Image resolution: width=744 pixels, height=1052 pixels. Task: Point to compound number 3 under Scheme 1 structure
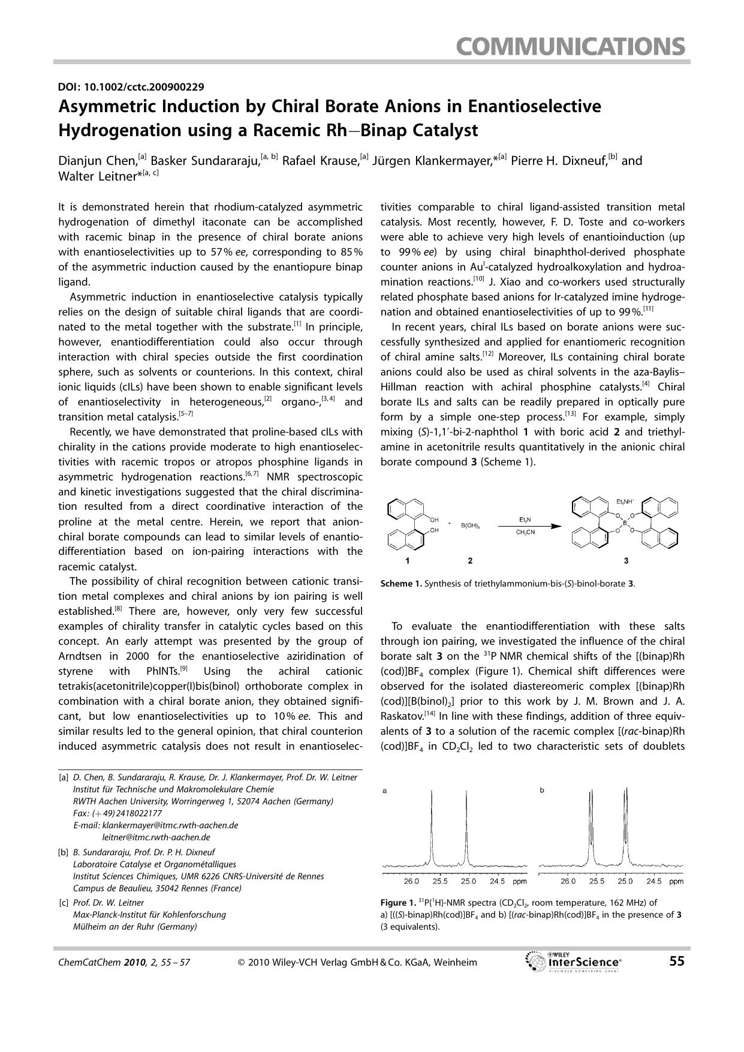626,561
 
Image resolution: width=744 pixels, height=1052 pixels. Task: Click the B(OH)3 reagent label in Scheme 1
471,526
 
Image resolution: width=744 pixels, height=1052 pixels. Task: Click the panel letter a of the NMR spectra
384,790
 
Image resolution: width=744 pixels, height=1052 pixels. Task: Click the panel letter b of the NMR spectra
542,790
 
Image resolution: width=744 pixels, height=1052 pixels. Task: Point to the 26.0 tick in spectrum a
411,881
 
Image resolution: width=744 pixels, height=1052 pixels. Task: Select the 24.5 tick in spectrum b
653,881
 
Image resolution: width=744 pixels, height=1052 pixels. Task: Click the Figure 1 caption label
397,903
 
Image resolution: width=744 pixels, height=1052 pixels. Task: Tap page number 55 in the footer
676,961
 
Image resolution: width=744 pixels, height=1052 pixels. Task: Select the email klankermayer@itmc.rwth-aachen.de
170,825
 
